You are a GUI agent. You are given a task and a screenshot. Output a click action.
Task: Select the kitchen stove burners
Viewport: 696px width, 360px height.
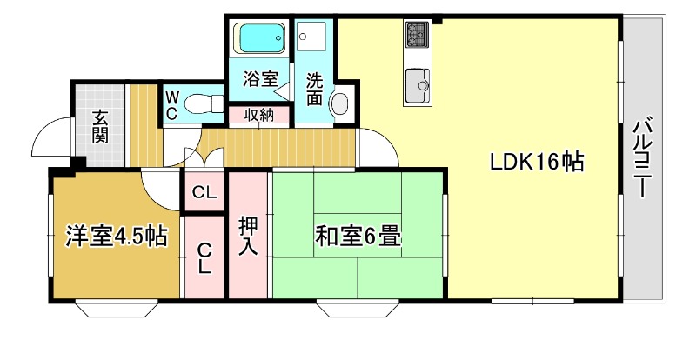pos(418,35)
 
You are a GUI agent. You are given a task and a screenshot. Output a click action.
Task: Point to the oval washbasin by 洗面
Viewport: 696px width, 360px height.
pos(341,104)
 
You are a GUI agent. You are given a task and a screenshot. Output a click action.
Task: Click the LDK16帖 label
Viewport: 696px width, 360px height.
pos(536,162)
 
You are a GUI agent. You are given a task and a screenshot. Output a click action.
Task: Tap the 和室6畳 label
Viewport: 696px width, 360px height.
pos(358,237)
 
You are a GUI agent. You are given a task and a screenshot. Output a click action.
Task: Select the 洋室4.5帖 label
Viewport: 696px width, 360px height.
pos(117,236)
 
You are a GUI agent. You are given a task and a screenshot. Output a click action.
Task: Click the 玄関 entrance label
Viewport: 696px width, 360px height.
pos(100,128)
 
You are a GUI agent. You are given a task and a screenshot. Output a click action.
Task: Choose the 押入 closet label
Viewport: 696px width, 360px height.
pos(248,236)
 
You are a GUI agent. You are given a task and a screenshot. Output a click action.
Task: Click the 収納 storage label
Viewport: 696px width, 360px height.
pos(259,116)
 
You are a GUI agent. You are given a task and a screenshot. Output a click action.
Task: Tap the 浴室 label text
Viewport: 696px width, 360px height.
pos(260,79)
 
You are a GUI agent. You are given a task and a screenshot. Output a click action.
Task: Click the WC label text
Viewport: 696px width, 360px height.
pos(171,105)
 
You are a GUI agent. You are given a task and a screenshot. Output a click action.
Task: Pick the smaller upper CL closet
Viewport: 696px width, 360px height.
pos(204,192)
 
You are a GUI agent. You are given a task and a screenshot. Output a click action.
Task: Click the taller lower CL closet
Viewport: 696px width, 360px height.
pos(204,257)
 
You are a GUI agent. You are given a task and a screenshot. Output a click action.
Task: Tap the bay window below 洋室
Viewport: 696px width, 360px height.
pos(117,309)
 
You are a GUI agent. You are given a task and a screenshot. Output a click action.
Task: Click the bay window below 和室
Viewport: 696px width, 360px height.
pos(358,309)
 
